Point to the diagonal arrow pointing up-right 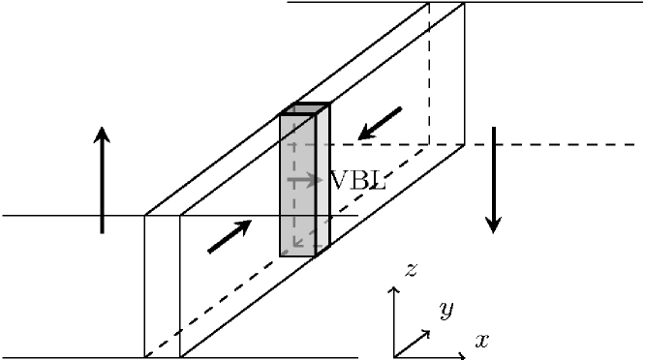(230, 236)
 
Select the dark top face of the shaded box (305, 108)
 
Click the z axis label (411, 271)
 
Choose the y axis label (446, 310)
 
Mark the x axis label (481, 340)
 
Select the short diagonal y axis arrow (413, 343)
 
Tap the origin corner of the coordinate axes (394, 355)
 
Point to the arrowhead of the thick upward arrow (102, 136)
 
